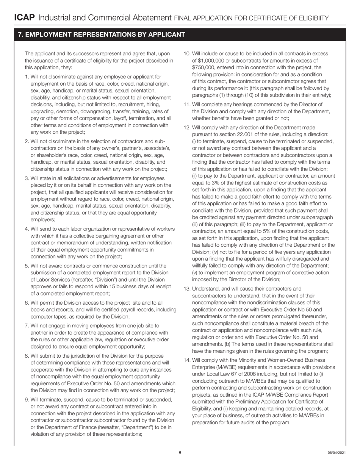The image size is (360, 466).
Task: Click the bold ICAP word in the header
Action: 25,18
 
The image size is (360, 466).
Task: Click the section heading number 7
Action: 21,35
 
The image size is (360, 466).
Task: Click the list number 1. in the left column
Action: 27,77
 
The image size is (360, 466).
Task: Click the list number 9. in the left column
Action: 27,400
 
